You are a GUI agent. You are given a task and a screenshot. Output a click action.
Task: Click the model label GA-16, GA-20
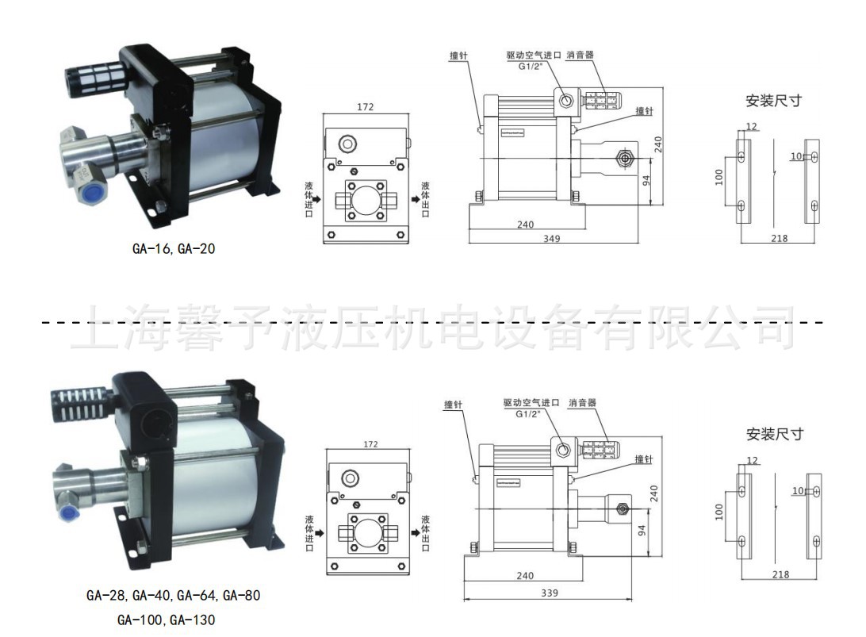(174, 249)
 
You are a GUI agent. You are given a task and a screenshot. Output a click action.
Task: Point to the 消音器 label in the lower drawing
(581, 403)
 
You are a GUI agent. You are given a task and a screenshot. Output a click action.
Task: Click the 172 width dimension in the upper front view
(365, 107)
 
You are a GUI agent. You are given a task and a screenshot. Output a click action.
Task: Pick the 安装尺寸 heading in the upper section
(773, 101)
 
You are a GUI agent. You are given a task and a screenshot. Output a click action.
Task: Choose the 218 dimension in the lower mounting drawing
(780, 574)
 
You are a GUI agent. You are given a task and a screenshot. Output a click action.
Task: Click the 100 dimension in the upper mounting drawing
(720, 176)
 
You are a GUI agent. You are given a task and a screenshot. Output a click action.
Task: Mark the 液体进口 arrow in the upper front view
(316, 199)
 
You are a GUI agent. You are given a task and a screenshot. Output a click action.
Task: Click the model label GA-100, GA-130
(166, 620)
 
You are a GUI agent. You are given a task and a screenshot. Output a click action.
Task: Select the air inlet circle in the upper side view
(566, 100)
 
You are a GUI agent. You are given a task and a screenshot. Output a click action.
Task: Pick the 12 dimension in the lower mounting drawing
(753, 461)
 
